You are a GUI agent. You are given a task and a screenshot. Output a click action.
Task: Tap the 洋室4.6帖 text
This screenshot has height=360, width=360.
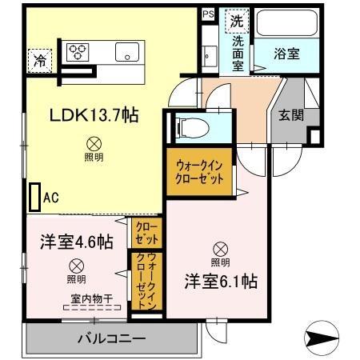(x=76, y=242)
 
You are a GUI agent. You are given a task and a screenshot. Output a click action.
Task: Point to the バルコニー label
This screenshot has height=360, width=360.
(x=111, y=338)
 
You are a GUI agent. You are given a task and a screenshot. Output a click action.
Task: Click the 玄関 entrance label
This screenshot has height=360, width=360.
(x=292, y=115)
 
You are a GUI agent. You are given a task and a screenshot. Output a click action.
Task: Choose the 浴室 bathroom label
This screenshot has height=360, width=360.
(x=286, y=55)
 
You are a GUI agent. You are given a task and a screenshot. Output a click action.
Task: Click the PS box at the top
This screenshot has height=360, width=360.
(x=208, y=14)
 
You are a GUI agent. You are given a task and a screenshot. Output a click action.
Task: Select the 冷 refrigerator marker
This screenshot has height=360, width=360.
(x=38, y=59)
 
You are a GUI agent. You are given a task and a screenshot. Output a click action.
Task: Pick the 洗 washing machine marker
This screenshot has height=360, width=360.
(x=238, y=20)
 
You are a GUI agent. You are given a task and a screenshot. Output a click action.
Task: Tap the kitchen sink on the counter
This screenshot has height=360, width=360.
(x=128, y=53)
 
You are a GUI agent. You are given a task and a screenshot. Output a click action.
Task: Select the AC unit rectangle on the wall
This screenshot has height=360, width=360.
(x=34, y=196)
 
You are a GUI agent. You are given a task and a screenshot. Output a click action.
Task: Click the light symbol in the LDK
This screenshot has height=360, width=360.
(x=93, y=145)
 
